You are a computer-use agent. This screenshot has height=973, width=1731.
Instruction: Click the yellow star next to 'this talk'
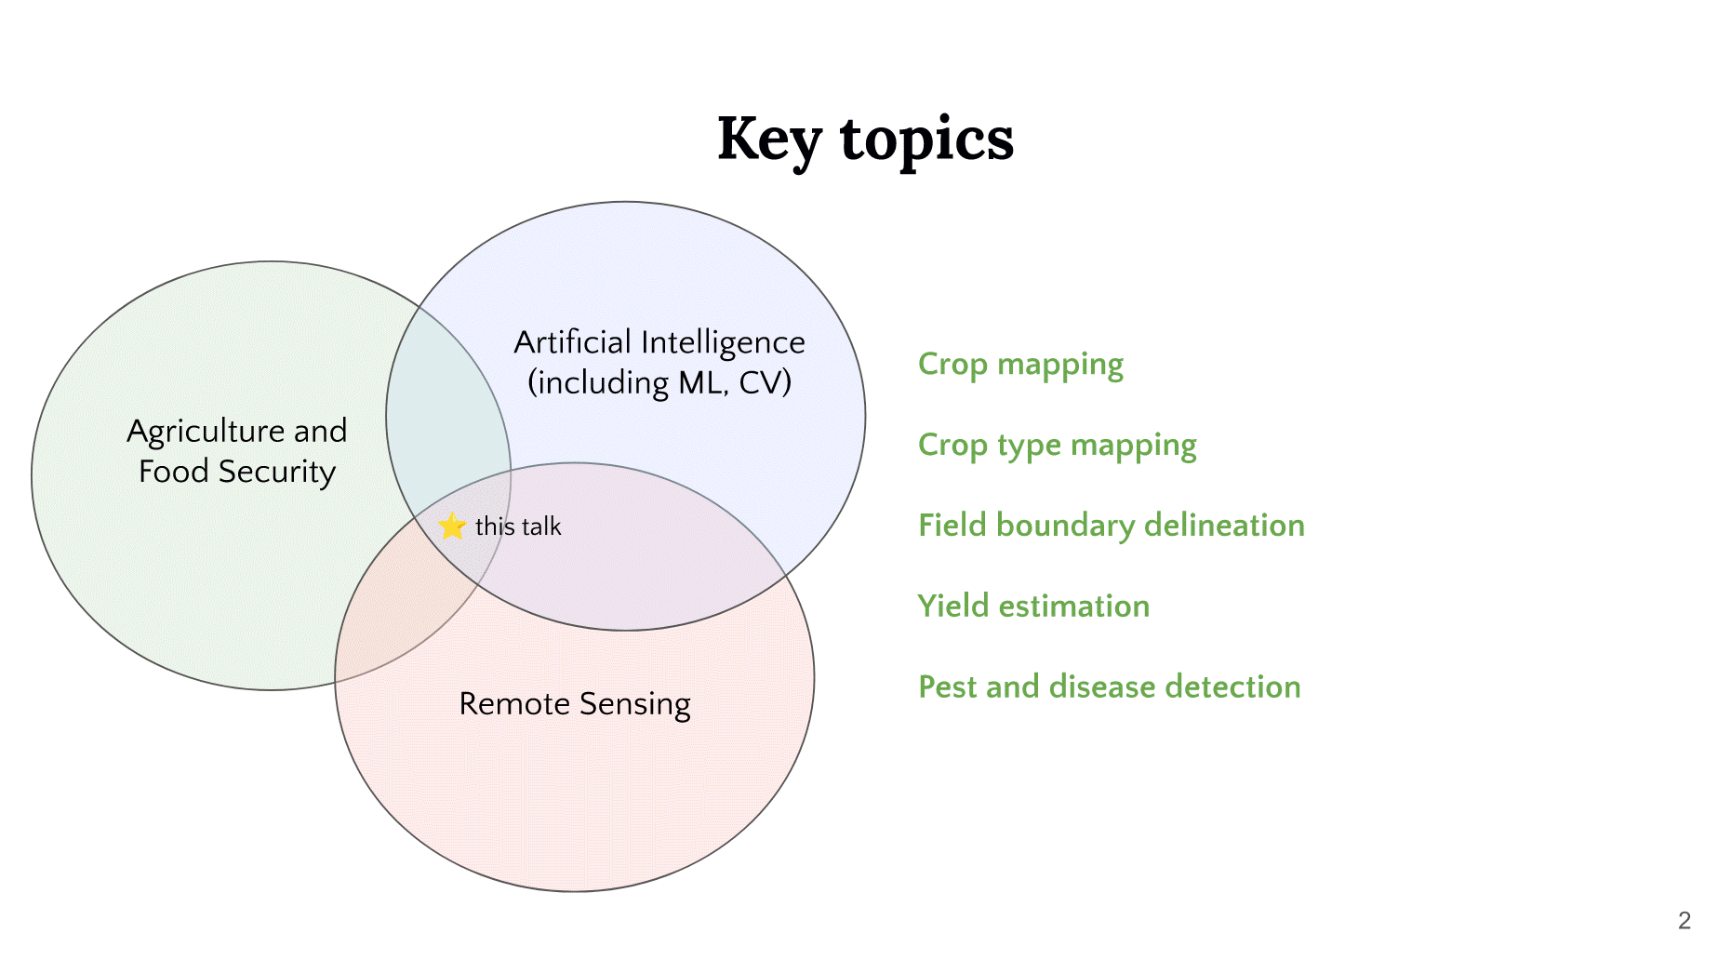[452, 526]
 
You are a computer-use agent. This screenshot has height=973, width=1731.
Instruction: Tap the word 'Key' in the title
[769, 140]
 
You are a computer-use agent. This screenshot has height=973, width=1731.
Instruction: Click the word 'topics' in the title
[926, 140]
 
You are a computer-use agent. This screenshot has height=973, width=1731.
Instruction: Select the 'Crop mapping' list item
[1020, 364]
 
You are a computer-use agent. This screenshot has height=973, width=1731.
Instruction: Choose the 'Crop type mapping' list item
[1057, 445]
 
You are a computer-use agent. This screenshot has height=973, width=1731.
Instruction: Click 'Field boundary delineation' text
[1111, 526]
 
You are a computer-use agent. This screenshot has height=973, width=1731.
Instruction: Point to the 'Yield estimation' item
[1033, 606]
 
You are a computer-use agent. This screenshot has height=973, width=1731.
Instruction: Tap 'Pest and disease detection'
[1109, 686]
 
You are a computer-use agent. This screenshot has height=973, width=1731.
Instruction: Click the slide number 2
[1684, 920]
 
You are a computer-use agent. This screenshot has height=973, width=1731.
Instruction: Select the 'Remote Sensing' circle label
[575, 704]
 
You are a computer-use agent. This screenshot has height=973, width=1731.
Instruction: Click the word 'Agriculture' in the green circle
[206, 431]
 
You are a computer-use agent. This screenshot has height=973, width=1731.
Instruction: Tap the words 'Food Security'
[236, 472]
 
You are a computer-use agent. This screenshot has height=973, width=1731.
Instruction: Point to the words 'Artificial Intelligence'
[659, 342]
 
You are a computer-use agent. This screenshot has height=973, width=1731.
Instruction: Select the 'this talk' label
[518, 526]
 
